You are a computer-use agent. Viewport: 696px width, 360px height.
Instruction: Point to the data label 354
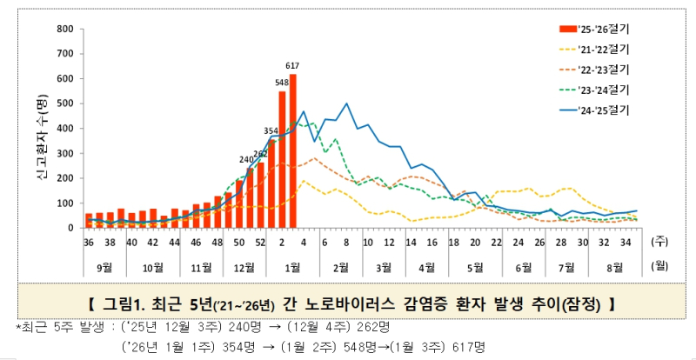[x=271, y=131]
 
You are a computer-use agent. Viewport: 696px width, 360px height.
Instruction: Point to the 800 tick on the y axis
[x=64, y=29]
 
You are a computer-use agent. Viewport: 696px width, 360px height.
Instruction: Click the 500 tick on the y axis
[x=64, y=103]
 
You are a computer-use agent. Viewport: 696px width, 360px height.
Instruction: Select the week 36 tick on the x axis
[x=88, y=242]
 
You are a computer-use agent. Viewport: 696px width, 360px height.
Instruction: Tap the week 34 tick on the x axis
[x=623, y=242]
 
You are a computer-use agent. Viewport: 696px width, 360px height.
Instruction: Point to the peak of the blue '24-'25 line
[x=347, y=103]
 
